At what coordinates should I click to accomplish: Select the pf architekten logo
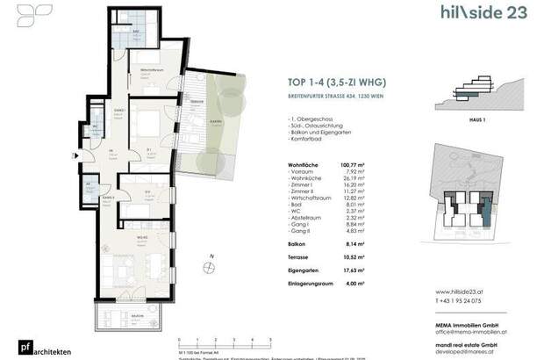[x=26, y=346]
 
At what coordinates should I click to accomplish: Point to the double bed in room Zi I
[x=145, y=120]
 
